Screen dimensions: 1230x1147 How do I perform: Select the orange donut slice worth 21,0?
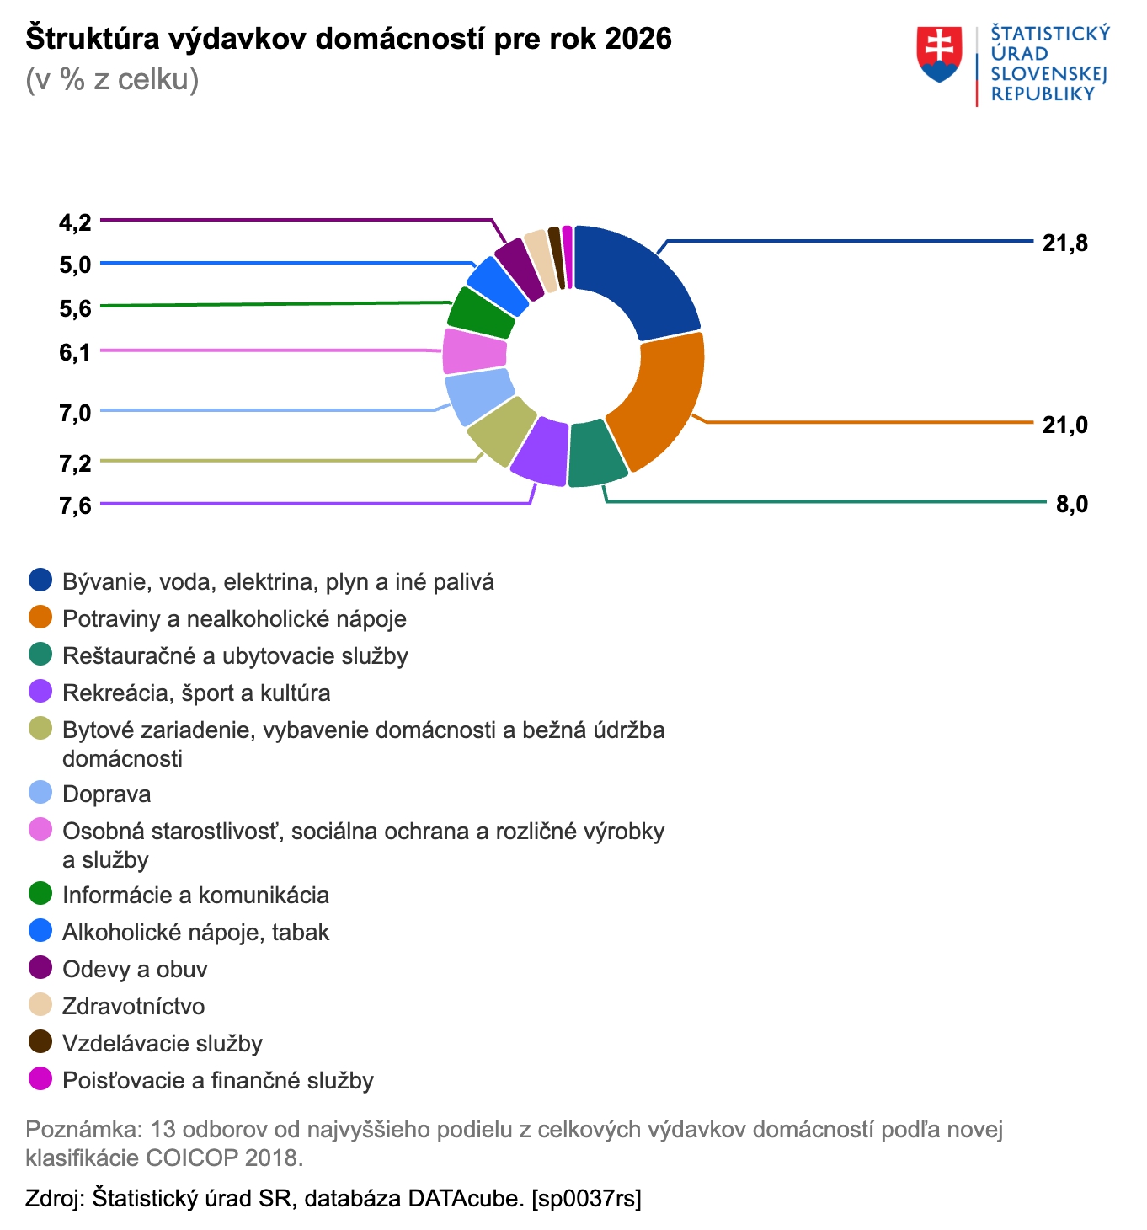[x=661, y=400]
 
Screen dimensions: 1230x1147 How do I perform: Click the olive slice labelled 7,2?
[x=502, y=430]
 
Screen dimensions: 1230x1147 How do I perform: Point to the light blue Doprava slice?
[x=477, y=397]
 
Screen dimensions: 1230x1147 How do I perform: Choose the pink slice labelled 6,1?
[x=473, y=350]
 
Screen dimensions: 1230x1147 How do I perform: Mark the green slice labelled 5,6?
[x=481, y=313]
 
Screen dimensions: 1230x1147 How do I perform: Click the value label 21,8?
[x=1064, y=243]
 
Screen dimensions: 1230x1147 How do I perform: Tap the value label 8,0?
[x=1071, y=505]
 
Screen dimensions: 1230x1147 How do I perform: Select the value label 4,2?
[x=75, y=222]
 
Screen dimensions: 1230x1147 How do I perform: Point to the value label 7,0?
[x=75, y=413]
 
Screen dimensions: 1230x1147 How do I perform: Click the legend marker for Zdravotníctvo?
[x=40, y=1005]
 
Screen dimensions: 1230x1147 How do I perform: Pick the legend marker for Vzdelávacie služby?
[x=40, y=1042]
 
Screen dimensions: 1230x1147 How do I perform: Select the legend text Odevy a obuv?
[x=135, y=969]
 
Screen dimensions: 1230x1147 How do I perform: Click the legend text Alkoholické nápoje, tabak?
[x=195, y=932]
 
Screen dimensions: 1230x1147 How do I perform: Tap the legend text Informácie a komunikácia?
[x=195, y=895]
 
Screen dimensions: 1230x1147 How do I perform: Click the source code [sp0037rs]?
[x=586, y=1198]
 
